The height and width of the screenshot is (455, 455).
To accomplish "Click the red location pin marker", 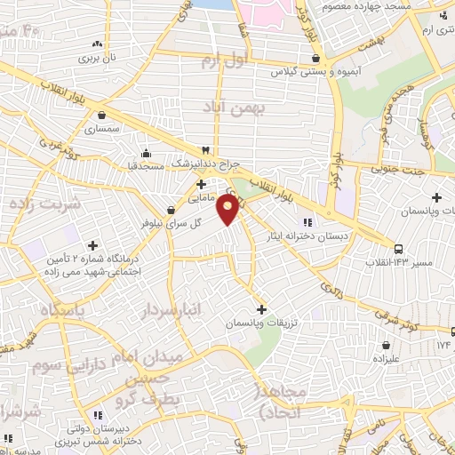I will tap(229, 210).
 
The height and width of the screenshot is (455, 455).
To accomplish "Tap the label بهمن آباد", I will tap(234, 109).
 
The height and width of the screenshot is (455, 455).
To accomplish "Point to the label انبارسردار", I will tap(169, 310).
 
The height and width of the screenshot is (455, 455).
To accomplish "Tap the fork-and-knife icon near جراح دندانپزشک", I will tap(206, 149).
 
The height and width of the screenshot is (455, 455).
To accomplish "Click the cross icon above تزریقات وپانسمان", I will tap(260, 307).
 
